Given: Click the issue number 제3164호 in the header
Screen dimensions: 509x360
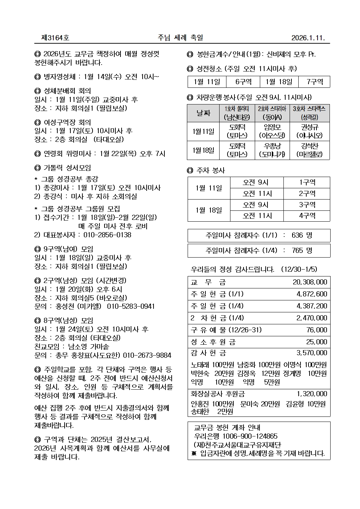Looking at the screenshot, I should (x=56, y=38).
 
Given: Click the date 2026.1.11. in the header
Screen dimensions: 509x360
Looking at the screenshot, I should (x=308, y=38).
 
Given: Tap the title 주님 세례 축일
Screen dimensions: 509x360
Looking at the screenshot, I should (x=180, y=38).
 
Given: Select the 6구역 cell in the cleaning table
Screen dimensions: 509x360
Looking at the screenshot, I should (x=243, y=82).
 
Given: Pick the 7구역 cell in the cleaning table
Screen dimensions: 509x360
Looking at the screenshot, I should (x=314, y=82).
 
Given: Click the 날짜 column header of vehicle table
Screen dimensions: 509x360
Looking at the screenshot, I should (x=203, y=113).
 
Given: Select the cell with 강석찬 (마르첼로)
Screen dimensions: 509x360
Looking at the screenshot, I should (x=309, y=150).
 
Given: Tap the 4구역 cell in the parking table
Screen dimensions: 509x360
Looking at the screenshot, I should (x=307, y=216).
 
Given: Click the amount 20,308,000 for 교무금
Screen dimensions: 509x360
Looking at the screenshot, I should (x=310, y=282).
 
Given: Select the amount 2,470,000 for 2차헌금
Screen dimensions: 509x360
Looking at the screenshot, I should (x=311, y=318).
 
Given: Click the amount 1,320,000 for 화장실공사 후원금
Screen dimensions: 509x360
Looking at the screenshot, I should (x=311, y=394).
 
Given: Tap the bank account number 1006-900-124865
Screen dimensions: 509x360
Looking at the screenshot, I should (x=250, y=436).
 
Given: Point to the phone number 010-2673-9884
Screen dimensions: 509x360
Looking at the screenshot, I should (x=147, y=355).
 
